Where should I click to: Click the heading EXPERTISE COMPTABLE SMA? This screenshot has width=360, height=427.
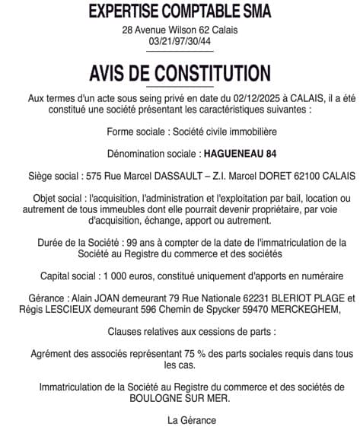[180, 11]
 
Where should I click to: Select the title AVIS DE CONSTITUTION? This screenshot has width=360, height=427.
[180, 73]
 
